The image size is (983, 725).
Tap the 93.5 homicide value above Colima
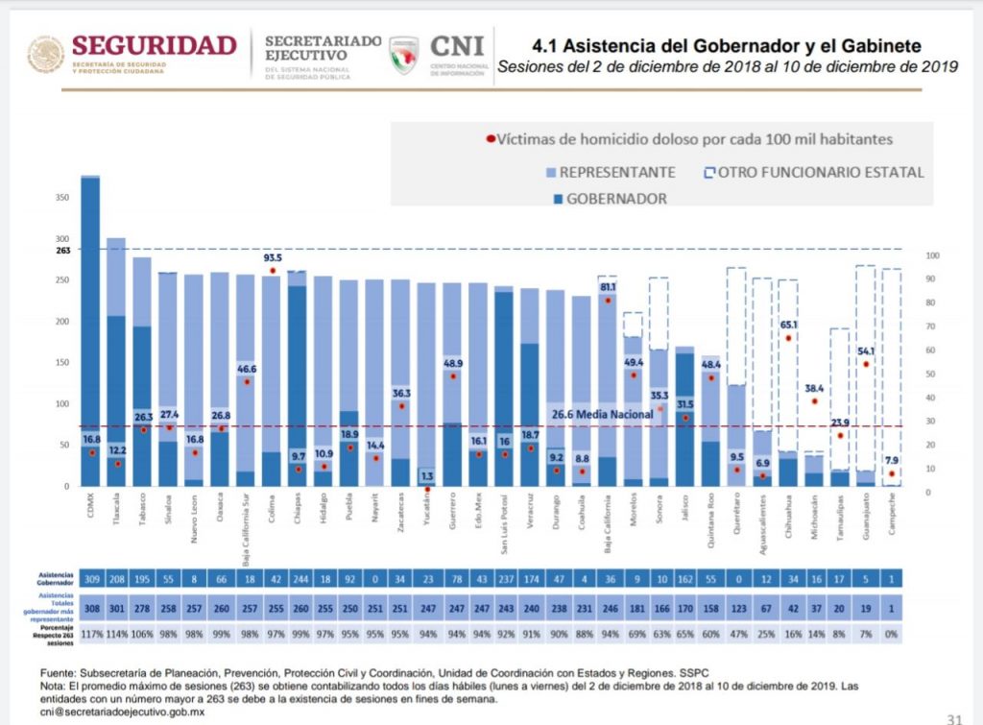[273, 258]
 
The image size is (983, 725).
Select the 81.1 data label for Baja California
[607, 287]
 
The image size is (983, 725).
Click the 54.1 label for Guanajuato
[866, 351]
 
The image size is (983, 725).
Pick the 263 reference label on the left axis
[63, 250]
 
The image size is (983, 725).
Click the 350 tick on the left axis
[62, 197]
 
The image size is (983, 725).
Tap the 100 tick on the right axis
[932, 256]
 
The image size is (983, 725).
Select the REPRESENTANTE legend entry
[617, 173]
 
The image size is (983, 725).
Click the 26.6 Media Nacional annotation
[602, 414]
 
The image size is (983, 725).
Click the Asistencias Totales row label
[49, 608]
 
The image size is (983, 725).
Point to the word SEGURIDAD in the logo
[154, 45]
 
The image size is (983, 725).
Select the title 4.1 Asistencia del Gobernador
[727, 46]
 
